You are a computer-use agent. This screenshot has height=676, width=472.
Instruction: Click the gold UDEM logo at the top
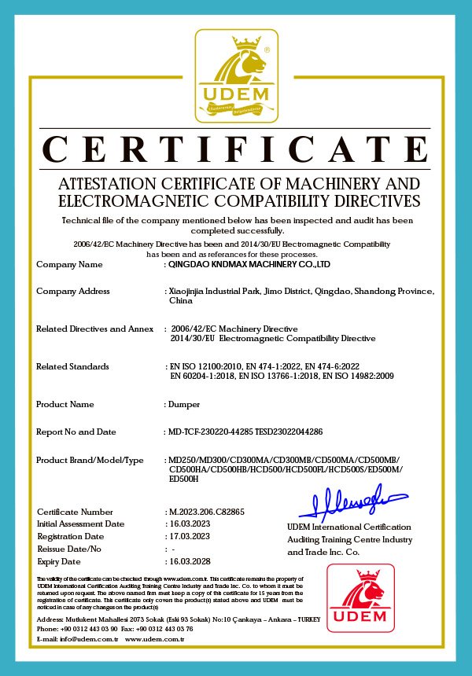(x=235, y=77)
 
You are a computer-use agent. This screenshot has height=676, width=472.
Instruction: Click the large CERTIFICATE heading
(x=236, y=149)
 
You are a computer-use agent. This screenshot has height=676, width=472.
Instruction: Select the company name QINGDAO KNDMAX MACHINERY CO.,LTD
(x=243, y=265)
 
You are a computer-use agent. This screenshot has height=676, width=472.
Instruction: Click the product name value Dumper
(x=184, y=404)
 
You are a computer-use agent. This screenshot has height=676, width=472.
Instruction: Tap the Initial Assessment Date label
(x=80, y=524)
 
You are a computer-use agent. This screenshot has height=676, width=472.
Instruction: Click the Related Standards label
(x=72, y=366)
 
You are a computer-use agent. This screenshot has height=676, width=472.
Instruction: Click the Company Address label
(x=73, y=292)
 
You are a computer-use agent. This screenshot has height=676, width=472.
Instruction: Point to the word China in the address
(x=181, y=301)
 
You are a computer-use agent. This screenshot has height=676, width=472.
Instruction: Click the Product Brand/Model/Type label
(x=90, y=460)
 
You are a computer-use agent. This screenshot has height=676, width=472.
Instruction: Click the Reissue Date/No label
(x=69, y=549)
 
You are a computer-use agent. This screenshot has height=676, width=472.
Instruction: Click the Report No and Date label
(x=76, y=432)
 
